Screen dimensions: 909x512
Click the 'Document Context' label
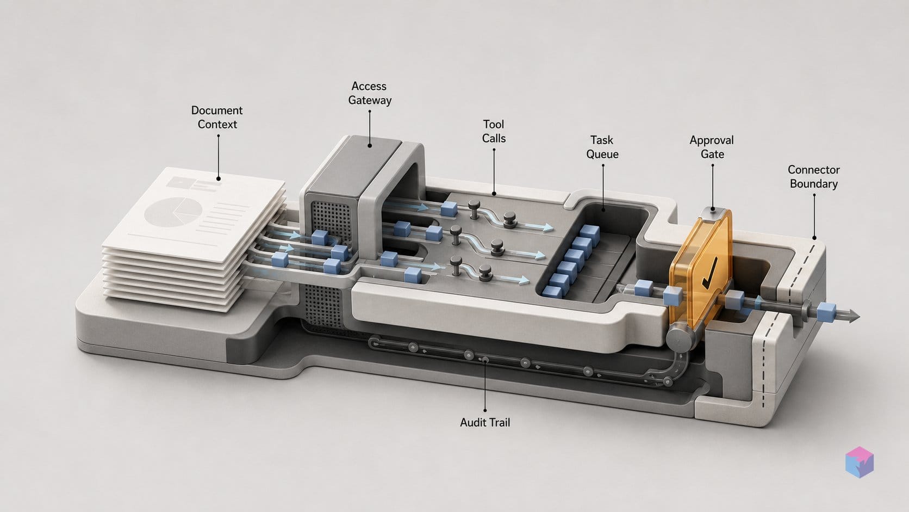click(217, 118)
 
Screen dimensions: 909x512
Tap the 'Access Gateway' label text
click(370, 93)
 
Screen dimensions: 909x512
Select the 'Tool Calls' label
click(494, 131)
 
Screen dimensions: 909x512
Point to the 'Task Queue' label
click(602, 147)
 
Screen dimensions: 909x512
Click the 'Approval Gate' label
click(712, 147)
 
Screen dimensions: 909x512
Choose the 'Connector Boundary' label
click(814, 177)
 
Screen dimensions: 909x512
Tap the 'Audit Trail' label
click(485, 423)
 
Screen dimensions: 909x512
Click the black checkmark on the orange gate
click(709, 273)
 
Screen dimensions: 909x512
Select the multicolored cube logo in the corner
click(860, 462)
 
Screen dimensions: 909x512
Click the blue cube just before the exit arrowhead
click(826, 311)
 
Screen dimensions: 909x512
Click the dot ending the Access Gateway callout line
click(370, 145)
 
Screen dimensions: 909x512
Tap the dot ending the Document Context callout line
click(219, 178)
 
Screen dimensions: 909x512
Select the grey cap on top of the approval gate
click(713, 212)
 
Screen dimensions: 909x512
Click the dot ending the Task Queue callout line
click(603, 209)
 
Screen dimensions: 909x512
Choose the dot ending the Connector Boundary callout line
click(814, 238)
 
